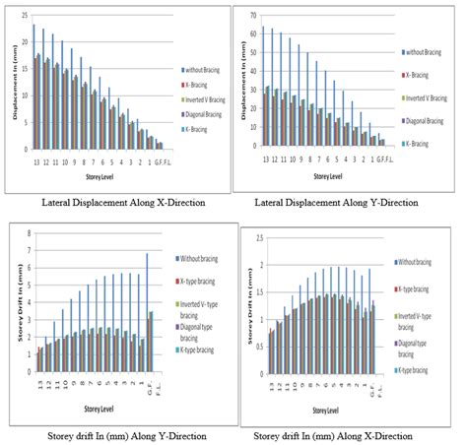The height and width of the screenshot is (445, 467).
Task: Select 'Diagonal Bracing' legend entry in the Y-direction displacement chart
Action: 425,121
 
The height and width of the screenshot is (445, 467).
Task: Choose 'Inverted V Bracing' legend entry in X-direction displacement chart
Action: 208,97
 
